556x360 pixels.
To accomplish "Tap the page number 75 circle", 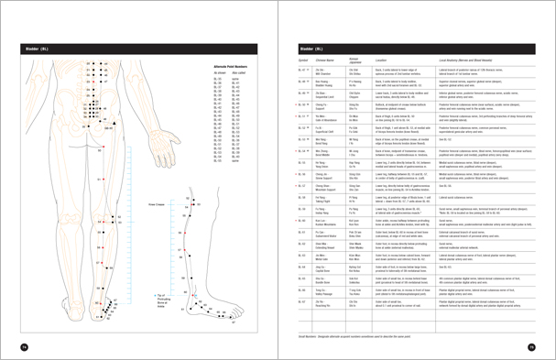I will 531,345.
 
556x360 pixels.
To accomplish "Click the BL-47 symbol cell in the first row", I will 305,71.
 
